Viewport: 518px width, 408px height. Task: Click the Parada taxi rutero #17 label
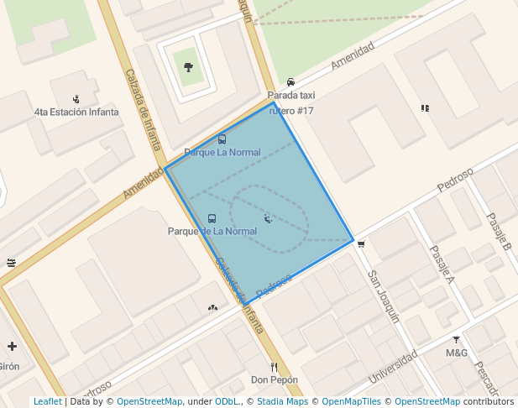pyautogui.click(x=290, y=103)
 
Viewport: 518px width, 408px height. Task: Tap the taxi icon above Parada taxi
pyautogui.click(x=290, y=82)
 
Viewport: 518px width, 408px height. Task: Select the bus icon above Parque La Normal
pyautogui.click(x=222, y=139)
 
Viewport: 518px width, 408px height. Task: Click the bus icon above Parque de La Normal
pyautogui.click(x=212, y=218)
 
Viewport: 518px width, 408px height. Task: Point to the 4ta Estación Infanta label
pyautogui.click(x=76, y=112)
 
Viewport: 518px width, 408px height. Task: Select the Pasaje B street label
pyautogui.click(x=499, y=231)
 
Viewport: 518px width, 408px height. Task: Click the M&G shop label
pyautogui.click(x=457, y=353)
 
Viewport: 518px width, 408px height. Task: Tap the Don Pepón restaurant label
pyautogui.click(x=275, y=380)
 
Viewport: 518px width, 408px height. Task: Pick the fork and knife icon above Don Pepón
pyautogui.click(x=274, y=367)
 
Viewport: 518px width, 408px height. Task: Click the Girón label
pyautogui.click(x=8, y=366)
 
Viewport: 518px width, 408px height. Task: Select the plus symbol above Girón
pyautogui.click(x=12, y=346)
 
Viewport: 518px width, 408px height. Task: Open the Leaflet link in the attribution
pyautogui.click(x=47, y=402)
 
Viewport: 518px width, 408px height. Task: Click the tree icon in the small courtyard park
pyautogui.click(x=187, y=67)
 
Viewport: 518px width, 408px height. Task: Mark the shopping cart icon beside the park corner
pyautogui.click(x=361, y=244)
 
